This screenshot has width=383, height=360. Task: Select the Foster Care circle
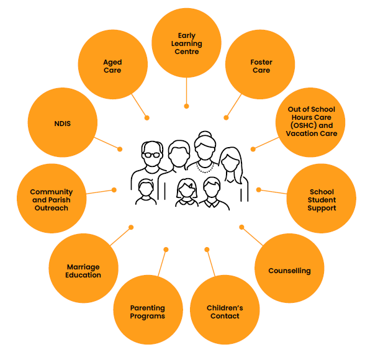pyautogui.click(x=260, y=65)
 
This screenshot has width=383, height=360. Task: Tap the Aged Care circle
pyautogui.click(x=112, y=65)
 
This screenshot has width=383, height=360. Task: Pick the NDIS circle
pyautogui.click(x=62, y=123)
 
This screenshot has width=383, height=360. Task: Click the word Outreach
pyautogui.click(x=51, y=208)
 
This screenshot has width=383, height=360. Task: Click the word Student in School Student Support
pyautogui.click(x=322, y=200)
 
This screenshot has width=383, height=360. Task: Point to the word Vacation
pyautogui.click(x=301, y=133)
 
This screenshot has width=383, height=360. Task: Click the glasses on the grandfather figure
pyautogui.click(x=151, y=154)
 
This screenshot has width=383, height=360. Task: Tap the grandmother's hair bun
pyautogui.click(x=203, y=134)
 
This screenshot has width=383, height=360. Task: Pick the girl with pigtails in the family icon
pyautogui.click(x=186, y=192)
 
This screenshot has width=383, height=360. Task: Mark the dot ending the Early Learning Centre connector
pyautogui.click(x=186, y=106)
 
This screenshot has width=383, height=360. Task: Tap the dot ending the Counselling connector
pyautogui.click(x=241, y=227)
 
